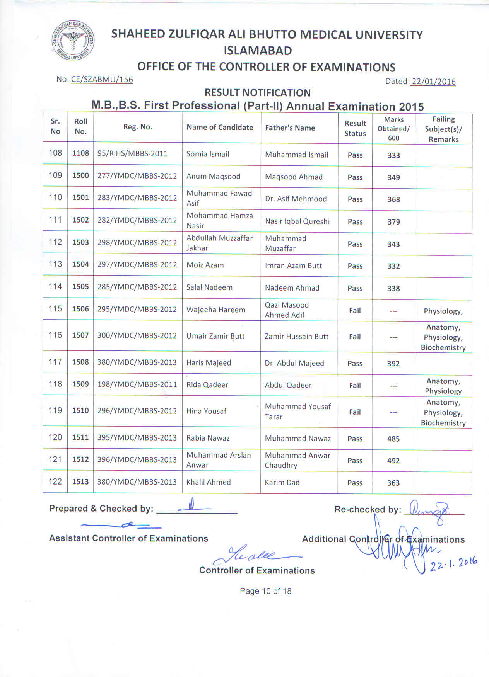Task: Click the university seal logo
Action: click(x=73, y=41)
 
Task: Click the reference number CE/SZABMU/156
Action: click(x=102, y=80)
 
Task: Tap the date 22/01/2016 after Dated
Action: click(x=433, y=82)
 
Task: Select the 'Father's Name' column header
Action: click(x=290, y=128)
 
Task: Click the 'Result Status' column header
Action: click(x=355, y=128)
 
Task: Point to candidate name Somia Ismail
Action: click(x=207, y=154)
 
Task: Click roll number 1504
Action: click(x=80, y=264)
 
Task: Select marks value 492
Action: click(x=393, y=461)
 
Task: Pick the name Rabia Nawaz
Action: click(x=208, y=438)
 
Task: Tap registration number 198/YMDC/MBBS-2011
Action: click(x=137, y=384)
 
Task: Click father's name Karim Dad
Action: click(x=282, y=482)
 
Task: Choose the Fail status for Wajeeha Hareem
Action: click(x=355, y=310)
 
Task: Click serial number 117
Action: click(x=55, y=362)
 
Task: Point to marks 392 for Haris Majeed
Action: click(x=393, y=363)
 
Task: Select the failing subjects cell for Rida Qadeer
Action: click(x=443, y=386)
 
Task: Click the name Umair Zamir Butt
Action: click(x=215, y=336)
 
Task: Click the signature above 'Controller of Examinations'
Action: click(x=255, y=556)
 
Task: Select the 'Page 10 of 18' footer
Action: click(x=265, y=591)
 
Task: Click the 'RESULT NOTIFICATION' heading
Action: click(x=257, y=93)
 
